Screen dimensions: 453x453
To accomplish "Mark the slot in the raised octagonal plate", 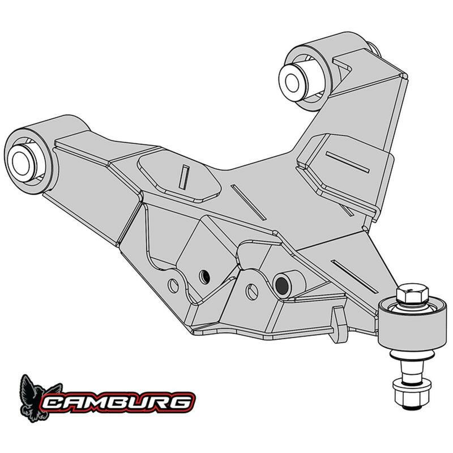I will (182, 177).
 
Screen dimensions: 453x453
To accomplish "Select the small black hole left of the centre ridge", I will (205, 276).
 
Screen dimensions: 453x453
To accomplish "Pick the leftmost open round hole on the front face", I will (173, 285).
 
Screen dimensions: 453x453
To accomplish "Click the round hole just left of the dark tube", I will (252, 292).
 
